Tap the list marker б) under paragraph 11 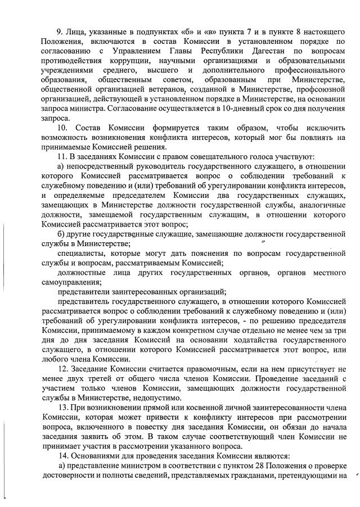pos(62,233)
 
